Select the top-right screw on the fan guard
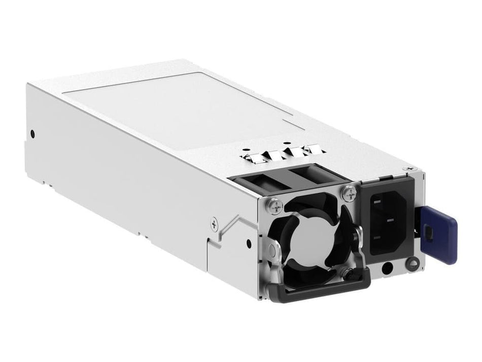(x=348, y=192)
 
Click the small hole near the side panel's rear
(x=33, y=134)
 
